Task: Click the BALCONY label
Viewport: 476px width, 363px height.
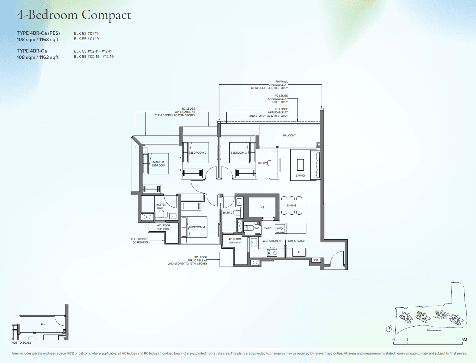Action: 289,135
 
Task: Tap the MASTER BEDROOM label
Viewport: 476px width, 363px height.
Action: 158,164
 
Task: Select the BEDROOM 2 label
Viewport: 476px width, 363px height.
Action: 198,153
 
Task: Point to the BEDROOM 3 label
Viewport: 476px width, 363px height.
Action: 239,153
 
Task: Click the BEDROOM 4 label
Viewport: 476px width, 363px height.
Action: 197,227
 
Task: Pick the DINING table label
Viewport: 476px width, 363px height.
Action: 292,205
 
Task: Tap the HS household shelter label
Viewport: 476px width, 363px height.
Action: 262,207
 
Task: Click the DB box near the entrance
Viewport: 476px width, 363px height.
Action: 316,260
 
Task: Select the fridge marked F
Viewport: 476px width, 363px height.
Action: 299,253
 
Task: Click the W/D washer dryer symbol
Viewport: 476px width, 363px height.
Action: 280,229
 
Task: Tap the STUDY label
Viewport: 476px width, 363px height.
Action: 262,163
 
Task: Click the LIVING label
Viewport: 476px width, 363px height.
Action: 300,175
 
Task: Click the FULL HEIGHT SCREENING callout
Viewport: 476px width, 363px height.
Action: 140,241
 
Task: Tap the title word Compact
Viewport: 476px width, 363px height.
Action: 106,15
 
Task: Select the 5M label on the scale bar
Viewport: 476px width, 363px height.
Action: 464,339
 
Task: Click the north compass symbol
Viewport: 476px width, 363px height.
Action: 389,328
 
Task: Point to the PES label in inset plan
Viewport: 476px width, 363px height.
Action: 43,324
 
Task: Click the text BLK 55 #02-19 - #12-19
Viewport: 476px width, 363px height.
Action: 94,57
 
